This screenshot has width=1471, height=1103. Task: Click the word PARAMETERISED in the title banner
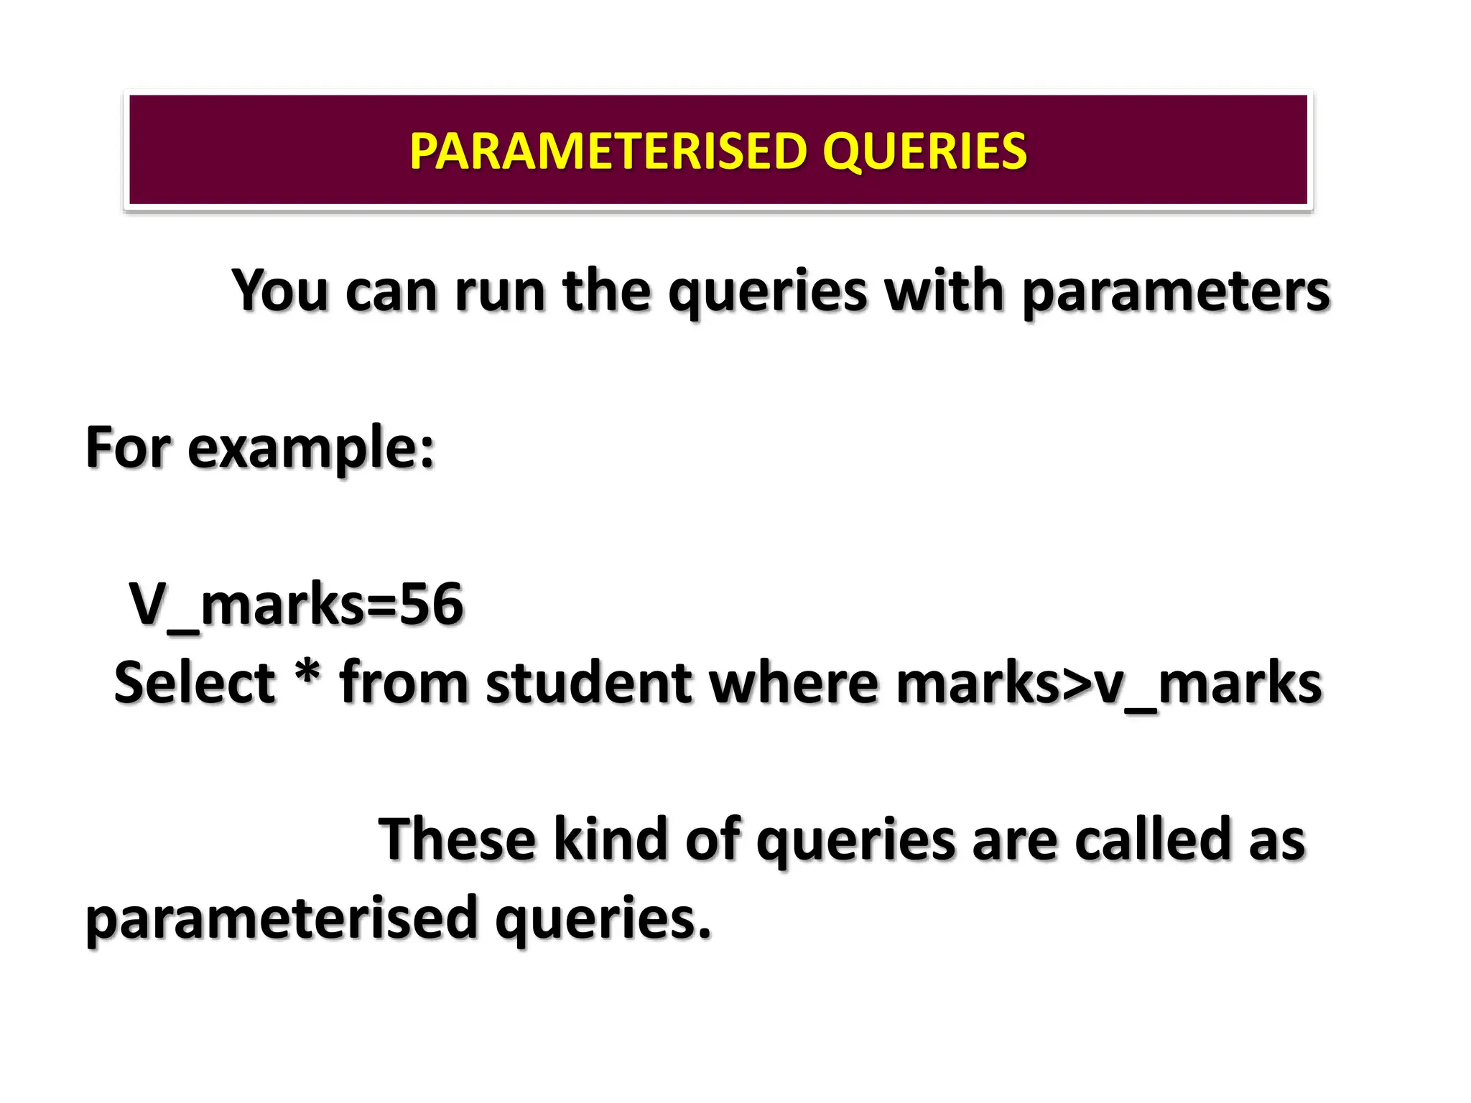608,152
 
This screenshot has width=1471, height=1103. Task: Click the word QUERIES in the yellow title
924,152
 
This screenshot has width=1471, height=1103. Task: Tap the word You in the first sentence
280,291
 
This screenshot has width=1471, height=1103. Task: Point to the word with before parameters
943,291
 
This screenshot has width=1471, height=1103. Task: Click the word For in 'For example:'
129,447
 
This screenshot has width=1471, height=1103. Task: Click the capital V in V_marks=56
147,604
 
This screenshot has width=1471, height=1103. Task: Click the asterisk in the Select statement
307,674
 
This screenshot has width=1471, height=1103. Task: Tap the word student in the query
590,682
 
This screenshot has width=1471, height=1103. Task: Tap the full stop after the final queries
704,934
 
